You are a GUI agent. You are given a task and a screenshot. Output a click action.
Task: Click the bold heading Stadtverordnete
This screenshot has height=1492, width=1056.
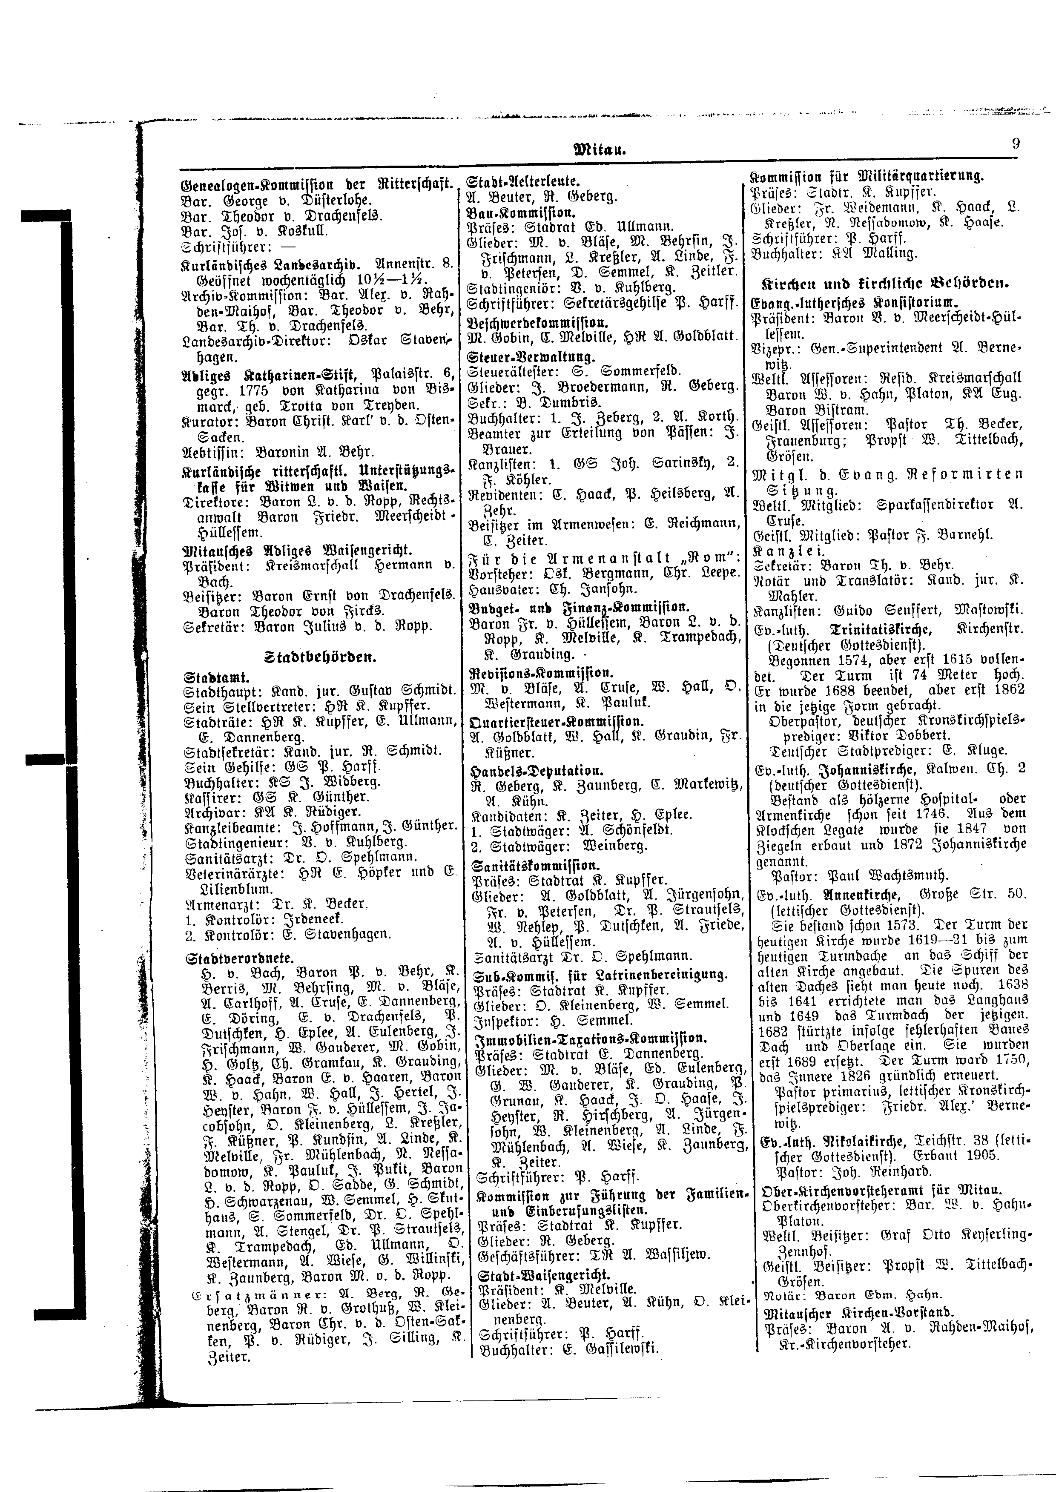239,958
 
